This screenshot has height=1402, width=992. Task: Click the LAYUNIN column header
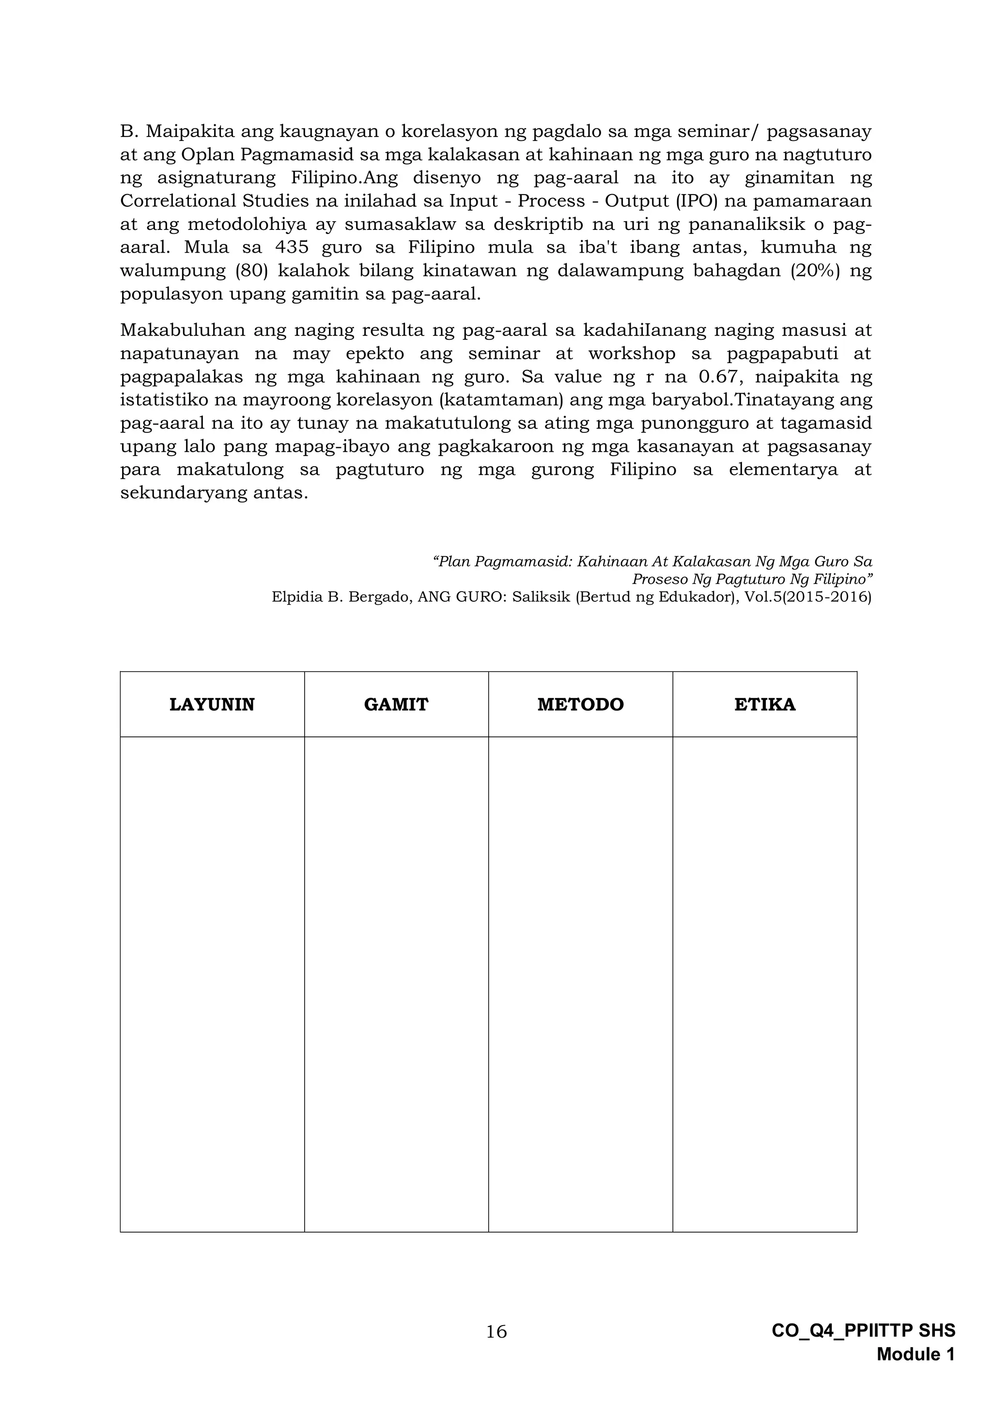212,705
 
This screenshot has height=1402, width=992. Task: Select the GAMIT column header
396,705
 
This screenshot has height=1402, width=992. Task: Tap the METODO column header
580,705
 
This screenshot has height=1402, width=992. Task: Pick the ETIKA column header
765,705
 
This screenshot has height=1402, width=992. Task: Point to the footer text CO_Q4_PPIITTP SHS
863,1348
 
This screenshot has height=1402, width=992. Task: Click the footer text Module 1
915,1372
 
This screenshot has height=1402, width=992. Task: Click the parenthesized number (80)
251,271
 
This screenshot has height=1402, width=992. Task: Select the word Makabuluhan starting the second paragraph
182,330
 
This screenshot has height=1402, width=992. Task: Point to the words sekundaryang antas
214,493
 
